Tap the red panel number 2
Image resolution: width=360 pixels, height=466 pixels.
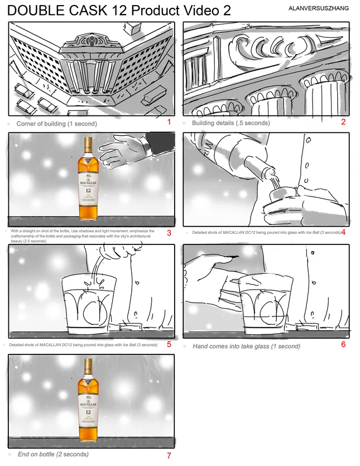tap(343, 122)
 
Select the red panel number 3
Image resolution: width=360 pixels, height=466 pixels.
tap(169, 233)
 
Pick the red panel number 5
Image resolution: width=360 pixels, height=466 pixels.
tap(169, 344)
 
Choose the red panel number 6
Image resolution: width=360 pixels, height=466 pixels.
tap(343, 344)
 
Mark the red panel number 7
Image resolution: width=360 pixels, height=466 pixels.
tap(169, 455)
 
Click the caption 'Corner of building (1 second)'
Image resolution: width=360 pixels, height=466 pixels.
tap(56, 123)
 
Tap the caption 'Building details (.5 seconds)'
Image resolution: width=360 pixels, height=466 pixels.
tap(231, 123)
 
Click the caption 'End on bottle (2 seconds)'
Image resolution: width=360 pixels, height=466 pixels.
tap(53, 454)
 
